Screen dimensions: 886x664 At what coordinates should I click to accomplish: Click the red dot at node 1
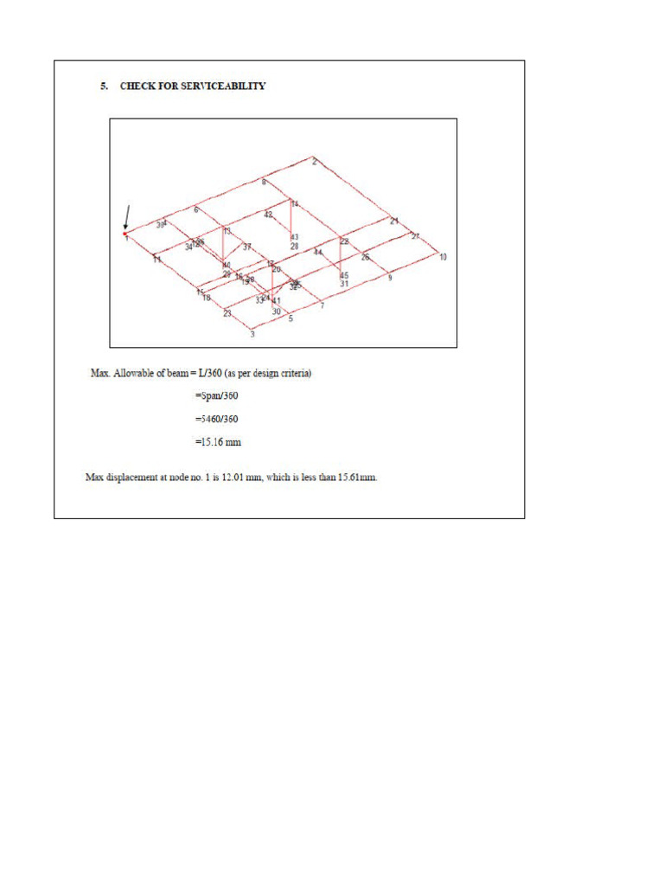(125, 234)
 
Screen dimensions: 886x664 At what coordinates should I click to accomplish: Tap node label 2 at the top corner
(315, 162)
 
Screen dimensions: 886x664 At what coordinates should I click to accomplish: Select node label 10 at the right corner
(443, 257)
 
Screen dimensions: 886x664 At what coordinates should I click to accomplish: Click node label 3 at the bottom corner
(252, 334)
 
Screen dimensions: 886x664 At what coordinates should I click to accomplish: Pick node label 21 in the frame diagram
(394, 221)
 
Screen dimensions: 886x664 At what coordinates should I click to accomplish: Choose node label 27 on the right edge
(415, 236)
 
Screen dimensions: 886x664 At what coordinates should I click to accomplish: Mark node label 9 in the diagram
(389, 278)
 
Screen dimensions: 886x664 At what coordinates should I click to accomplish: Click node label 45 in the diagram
(344, 275)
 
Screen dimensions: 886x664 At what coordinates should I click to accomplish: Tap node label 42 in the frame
(268, 215)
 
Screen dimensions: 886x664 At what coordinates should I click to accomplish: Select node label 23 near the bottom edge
(227, 313)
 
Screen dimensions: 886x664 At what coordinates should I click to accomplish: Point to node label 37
(246, 247)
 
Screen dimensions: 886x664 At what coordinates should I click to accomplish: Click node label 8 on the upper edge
(264, 182)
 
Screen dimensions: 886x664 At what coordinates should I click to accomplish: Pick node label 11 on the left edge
(156, 260)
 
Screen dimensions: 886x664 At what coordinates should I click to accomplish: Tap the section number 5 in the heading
(103, 87)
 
